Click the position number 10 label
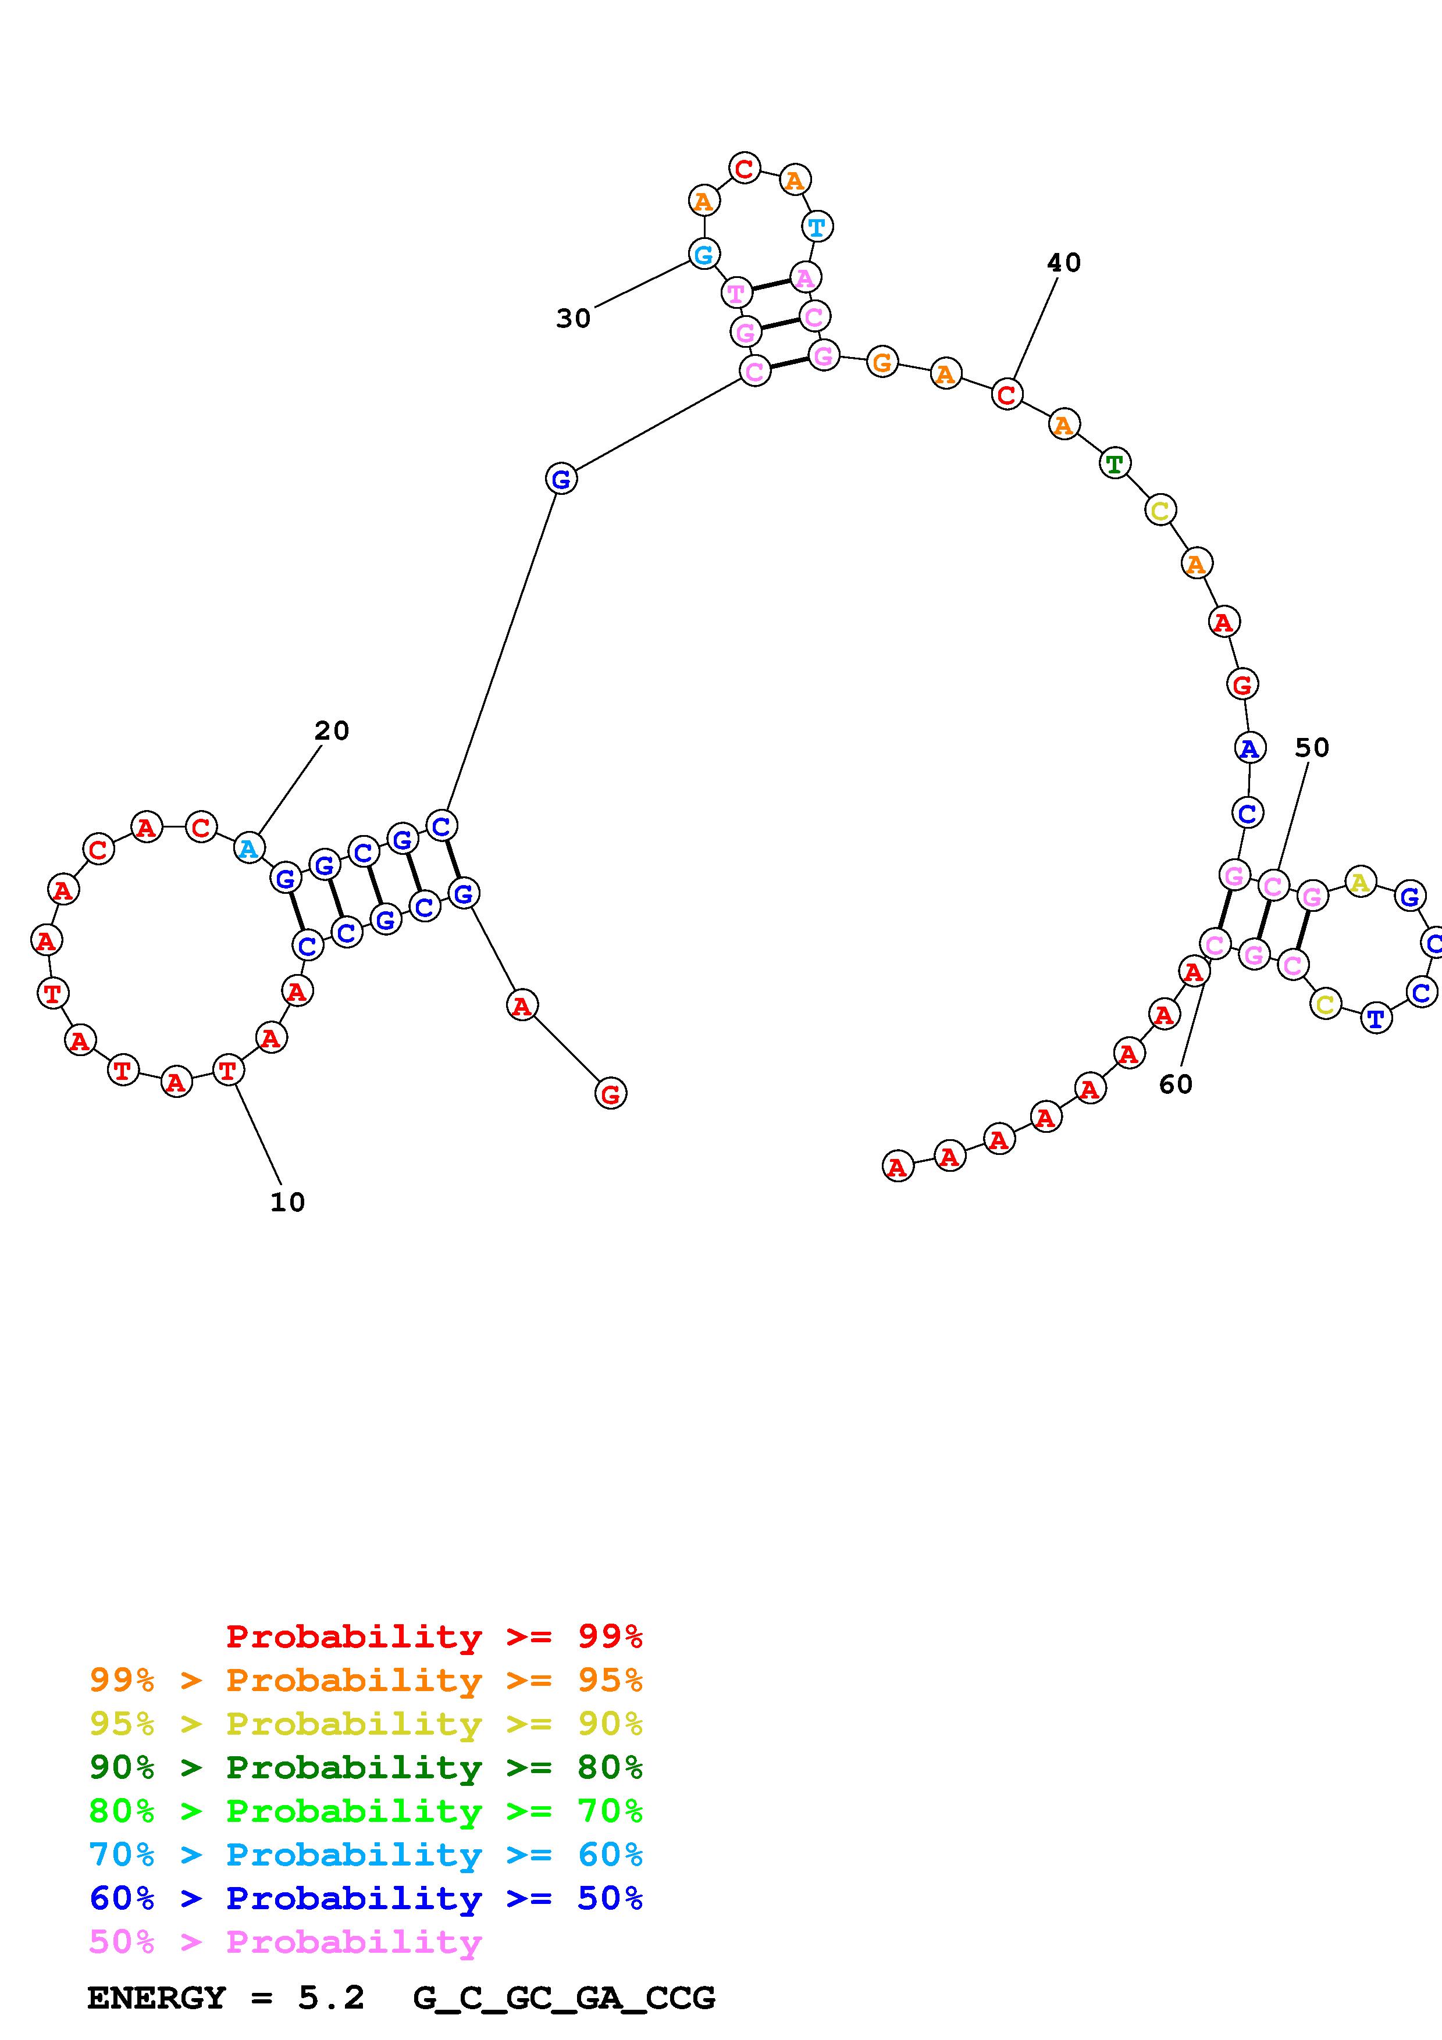(287, 1202)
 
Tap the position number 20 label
(332, 730)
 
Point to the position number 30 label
(573, 318)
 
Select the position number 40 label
(1063, 263)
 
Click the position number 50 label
(1311, 748)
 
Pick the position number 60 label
(1176, 1084)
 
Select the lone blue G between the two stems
(561, 479)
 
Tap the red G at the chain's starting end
(610, 1094)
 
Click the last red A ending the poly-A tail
(898, 1166)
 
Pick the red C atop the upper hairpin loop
(745, 168)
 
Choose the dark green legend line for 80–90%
(366, 1767)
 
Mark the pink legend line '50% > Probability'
(285, 1941)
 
